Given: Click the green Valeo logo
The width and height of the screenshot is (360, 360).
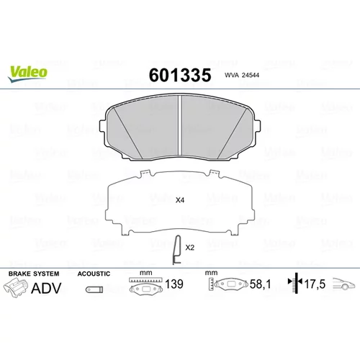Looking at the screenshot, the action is point(28,74).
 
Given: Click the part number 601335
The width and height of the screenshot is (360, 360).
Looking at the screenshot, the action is point(180,75).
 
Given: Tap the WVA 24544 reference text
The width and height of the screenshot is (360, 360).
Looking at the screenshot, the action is point(242,75).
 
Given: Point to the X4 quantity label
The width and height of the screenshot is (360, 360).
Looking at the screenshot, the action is point(180,200).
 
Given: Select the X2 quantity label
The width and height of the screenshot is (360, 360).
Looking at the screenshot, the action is point(189,248).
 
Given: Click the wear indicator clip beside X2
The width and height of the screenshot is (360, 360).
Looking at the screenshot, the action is point(177,250).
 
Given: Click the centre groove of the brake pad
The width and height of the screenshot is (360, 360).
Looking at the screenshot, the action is point(180,125).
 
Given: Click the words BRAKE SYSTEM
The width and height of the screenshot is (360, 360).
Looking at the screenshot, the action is point(34,274).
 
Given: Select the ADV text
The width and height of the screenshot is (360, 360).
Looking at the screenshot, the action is point(46,288).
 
